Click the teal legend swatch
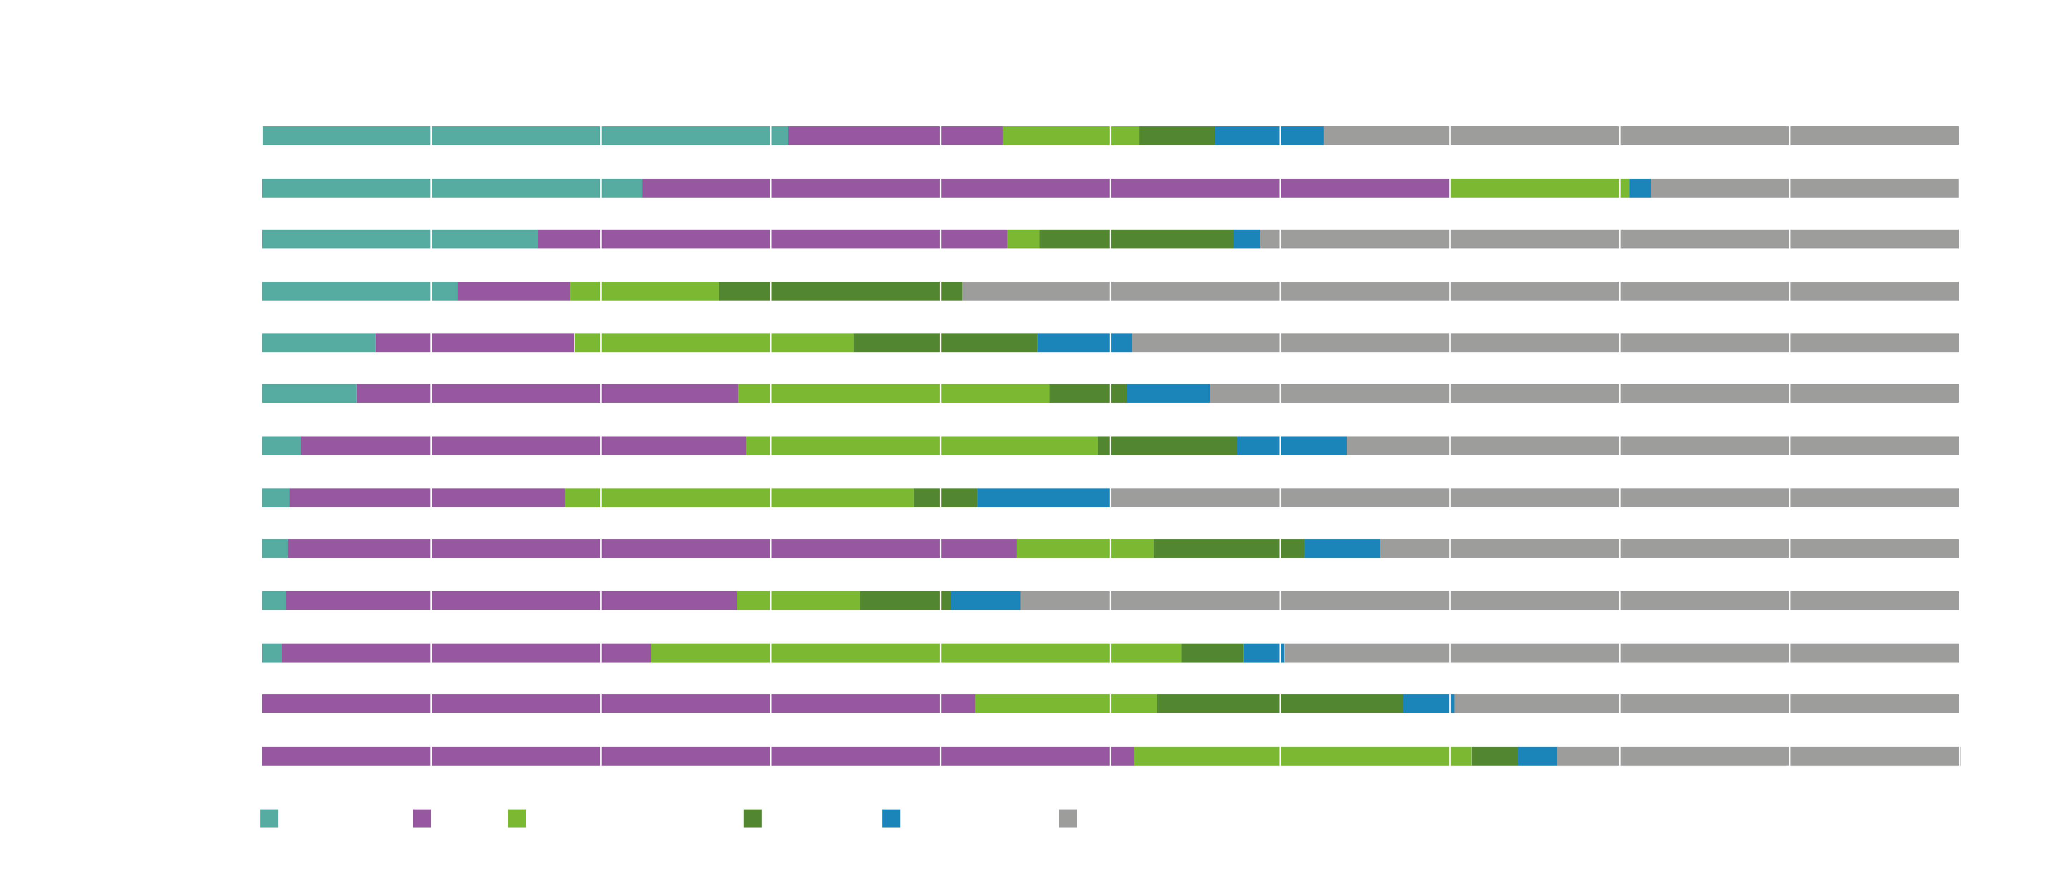[269, 818]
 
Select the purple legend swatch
[422, 818]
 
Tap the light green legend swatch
[516, 818]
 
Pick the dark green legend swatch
[752, 818]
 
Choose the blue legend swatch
[891, 818]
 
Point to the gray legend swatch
[1067, 818]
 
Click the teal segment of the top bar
[524, 136]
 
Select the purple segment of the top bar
[895, 136]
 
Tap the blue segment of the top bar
[1268, 136]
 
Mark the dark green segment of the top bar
[1176, 136]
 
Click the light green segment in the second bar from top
[1539, 188]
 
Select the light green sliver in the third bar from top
[1023, 239]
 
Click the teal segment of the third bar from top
[400, 239]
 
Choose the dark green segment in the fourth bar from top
[840, 291]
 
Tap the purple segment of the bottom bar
[697, 756]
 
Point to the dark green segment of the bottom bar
[1494, 756]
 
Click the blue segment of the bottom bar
[1537, 756]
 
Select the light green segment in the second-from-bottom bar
[1065, 704]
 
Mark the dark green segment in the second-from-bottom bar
[1280, 704]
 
